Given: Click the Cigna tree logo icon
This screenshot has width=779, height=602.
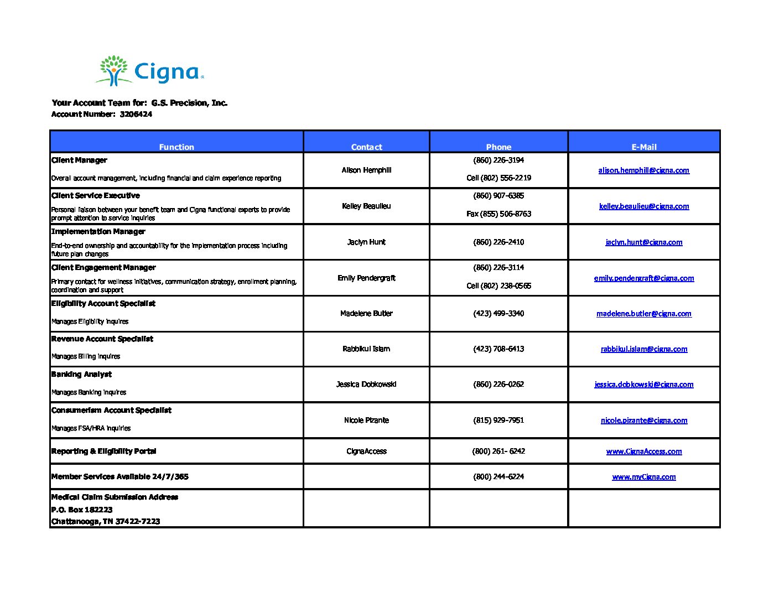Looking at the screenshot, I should tap(114, 70).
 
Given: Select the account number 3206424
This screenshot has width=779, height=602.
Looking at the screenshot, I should tap(136, 115).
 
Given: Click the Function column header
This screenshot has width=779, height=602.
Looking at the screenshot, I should tap(176, 147).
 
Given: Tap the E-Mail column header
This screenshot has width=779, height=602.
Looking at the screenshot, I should tap(644, 147).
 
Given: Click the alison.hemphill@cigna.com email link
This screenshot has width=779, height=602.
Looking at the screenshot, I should tap(643, 170).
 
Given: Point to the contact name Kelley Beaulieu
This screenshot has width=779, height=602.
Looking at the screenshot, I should tap(366, 206).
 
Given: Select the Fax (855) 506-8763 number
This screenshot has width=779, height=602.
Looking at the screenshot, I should tap(498, 214).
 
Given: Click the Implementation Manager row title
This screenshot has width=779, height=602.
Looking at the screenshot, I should tap(98, 231).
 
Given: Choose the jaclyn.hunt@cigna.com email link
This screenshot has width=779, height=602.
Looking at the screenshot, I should tap(643, 242).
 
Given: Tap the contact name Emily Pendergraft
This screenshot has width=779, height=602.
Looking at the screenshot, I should tap(366, 278).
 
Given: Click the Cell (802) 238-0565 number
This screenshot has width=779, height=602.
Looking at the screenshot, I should tap(498, 286).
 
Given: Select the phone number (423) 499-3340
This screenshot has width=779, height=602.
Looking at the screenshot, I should tap(498, 314).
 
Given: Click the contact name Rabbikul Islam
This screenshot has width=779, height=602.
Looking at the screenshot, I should tap(366, 349).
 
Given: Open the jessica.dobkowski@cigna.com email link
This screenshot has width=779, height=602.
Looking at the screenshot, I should tap(643, 385).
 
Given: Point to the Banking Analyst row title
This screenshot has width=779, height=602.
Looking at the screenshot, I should tap(81, 375).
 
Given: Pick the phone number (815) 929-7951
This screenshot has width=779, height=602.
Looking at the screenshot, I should tap(498, 421).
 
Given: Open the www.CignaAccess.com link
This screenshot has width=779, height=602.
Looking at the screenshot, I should tap(643, 451).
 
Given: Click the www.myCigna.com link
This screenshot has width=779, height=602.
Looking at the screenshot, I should tap(643, 477).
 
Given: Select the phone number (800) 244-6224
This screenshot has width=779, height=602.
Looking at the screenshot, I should tap(498, 477).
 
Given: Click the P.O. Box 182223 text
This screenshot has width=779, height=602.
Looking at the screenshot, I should tap(82, 510).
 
